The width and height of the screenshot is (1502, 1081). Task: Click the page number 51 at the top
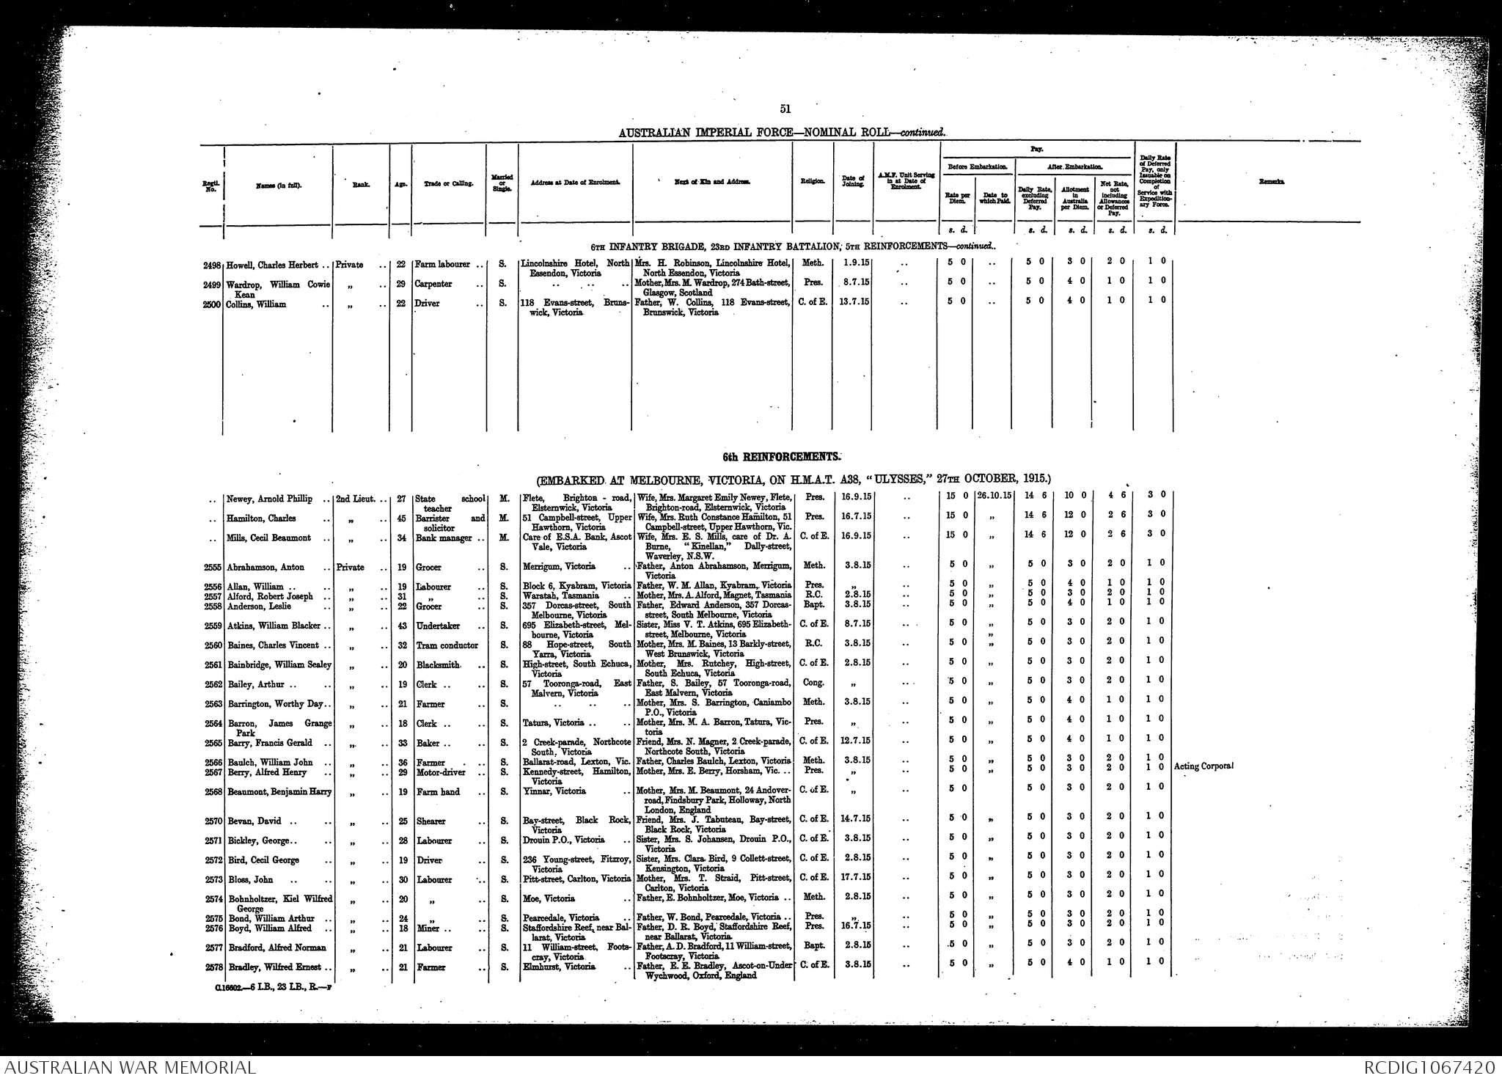point(785,109)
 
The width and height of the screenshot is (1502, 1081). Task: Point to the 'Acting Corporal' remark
point(1204,766)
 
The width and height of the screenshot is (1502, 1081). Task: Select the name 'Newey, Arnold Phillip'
point(271,499)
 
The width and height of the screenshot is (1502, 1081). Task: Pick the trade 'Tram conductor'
point(447,645)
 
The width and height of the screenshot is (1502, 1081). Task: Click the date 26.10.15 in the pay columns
point(993,498)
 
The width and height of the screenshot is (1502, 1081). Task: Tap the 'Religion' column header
point(812,181)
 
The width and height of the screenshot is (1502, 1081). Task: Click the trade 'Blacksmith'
point(438,664)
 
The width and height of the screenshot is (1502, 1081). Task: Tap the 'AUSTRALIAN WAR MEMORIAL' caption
point(128,1067)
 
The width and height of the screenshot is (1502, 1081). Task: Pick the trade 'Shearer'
point(431,821)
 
